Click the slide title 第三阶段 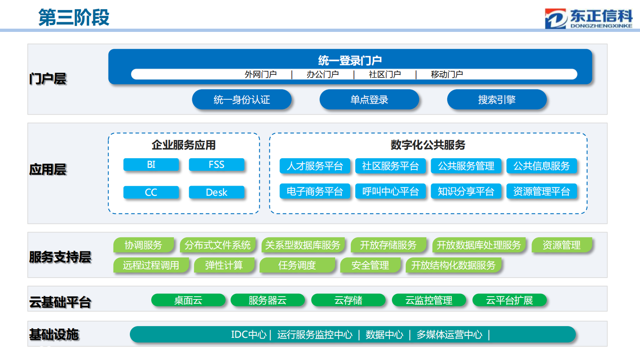click(x=74, y=18)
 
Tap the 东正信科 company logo click(x=588, y=19)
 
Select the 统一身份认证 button click(x=242, y=100)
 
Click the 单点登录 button click(x=369, y=100)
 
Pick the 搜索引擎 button click(x=496, y=100)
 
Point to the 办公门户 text click(x=323, y=75)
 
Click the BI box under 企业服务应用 click(x=151, y=165)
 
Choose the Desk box click(x=217, y=193)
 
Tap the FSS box click(x=217, y=165)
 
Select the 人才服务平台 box click(x=315, y=166)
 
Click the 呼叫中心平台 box click(x=390, y=191)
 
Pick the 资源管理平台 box click(x=541, y=191)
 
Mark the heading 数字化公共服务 click(x=428, y=145)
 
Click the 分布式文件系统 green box click(x=217, y=245)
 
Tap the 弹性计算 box click(x=224, y=265)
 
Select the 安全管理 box click(x=370, y=265)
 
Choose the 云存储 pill click(x=348, y=300)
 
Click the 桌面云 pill click(x=188, y=300)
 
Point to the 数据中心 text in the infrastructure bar click(x=384, y=335)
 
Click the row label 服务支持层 click(x=60, y=257)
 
